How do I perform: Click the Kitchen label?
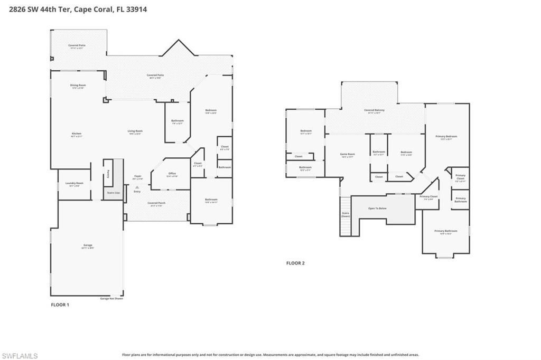[x=77, y=134]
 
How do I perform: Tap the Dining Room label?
[x=78, y=86]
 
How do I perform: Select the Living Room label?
[x=135, y=131]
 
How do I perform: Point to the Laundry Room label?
[x=74, y=184]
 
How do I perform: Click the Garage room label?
[x=88, y=245]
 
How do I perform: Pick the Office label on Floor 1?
[x=172, y=174]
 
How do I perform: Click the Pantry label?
[x=108, y=173]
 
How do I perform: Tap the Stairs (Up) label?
[x=114, y=193]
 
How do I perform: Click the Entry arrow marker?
[x=137, y=187]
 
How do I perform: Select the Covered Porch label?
[x=156, y=203]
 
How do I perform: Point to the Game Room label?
[x=348, y=155]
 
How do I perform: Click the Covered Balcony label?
[x=374, y=110]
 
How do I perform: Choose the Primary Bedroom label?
[x=446, y=137]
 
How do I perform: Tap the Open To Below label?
[x=377, y=209]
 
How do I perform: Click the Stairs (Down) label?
[x=346, y=214]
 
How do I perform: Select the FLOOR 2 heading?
[x=295, y=263]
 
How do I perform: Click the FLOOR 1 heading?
[x=60, y=305]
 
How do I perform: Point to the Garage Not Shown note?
[x=111, y=299]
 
